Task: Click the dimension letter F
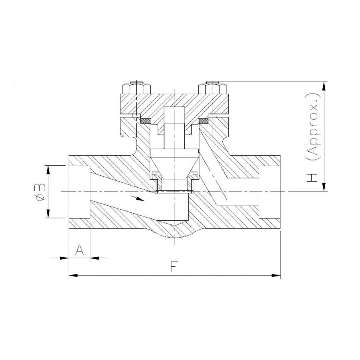click(174, 267)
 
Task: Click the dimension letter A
click(80, 250)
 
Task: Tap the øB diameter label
click(40, 192)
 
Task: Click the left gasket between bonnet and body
click(145, 120)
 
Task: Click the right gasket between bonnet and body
click(204, 120)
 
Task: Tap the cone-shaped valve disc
click(174, 164)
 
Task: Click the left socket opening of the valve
click(80, 192)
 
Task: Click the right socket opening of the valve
click(270, 192)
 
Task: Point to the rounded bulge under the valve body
click(174, 234)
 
